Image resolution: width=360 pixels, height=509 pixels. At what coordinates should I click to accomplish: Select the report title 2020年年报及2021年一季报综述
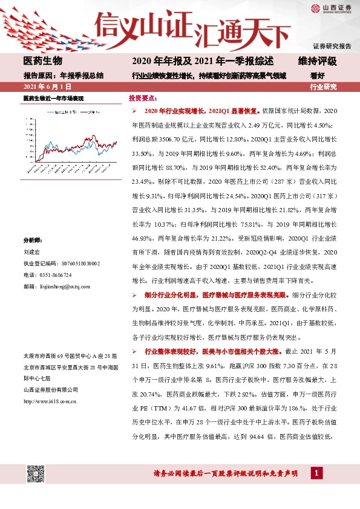[x=203, y=62]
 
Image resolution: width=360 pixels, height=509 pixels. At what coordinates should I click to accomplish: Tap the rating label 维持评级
[x=317, y=62]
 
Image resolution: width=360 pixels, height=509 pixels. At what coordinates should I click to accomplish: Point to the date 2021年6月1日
[x=44, y=87]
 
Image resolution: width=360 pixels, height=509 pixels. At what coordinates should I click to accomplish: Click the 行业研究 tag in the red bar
[x=323, y=87]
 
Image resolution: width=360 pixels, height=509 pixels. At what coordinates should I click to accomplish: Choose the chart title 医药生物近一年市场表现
[x=53, y=98]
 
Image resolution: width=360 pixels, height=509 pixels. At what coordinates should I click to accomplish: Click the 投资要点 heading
[x=143, y=98]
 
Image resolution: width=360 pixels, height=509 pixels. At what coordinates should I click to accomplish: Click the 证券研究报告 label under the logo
[x=332, y=46]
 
